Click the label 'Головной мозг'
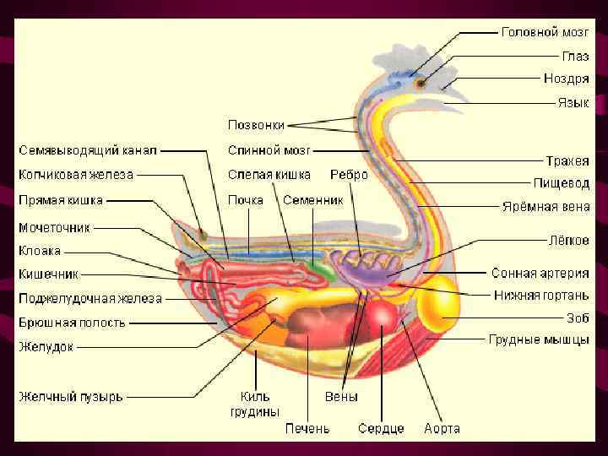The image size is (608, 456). click(545, 33)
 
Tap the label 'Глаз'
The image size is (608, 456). click(576, 56)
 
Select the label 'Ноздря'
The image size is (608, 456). click(566, 79)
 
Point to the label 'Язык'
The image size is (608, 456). click(573, 101)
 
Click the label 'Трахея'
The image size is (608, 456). click(567, 160)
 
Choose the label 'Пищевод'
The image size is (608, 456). click(561, 182)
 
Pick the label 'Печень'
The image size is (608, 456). click(307, 429)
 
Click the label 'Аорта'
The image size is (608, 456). click(442, 429)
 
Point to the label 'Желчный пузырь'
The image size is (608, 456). click(71, 396)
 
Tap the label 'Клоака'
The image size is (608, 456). click(40, 251)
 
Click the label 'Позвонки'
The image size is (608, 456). click(256, 124)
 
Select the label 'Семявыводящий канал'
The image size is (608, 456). click(88, 151)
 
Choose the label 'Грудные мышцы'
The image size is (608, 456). click(539, 340)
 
